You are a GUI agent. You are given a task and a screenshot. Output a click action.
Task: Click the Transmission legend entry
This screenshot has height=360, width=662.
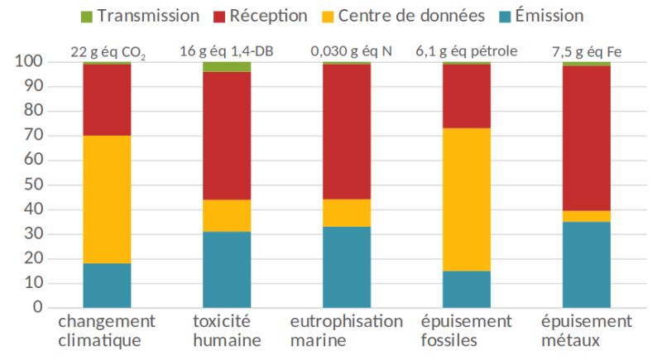click(x=140, y=16)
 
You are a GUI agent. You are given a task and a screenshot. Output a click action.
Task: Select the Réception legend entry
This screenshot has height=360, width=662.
click(x=264, y=16)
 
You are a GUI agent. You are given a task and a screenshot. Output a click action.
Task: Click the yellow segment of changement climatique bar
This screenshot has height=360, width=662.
click(x=107, y=199)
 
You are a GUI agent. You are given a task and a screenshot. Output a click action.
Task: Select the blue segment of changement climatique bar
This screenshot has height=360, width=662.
click(x=107, y=286)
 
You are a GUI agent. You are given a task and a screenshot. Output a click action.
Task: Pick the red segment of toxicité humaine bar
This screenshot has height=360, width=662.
click(x=227, y=136)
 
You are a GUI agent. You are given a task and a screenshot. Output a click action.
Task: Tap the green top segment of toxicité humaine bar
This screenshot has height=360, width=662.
click(x=227, y=67)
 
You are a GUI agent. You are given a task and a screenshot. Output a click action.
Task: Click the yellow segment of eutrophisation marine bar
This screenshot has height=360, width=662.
click(x=347, y=213)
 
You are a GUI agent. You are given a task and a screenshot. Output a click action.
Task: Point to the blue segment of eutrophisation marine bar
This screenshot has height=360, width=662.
click(x=347, y=266)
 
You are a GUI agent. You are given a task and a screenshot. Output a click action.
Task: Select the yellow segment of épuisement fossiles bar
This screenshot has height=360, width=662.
click(x=467, y=199)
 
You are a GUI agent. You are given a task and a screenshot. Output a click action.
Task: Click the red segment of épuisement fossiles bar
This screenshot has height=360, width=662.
click(x=467, y=96)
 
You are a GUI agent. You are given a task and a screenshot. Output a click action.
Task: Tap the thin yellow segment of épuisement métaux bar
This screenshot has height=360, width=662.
click(x=587, y=216)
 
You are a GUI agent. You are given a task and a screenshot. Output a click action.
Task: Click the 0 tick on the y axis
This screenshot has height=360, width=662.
click(x=37, y=308)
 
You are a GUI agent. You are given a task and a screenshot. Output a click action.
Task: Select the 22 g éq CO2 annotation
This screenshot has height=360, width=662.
click(x=107, y=51)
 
